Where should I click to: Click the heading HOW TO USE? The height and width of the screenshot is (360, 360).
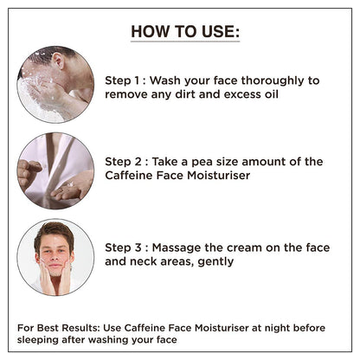184,33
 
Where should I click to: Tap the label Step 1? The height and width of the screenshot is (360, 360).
125,80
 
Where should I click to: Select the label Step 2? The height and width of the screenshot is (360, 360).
125,161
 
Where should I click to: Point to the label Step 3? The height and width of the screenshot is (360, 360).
125,248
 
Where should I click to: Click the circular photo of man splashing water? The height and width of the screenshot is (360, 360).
55,84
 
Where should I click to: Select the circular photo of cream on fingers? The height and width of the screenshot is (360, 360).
55,170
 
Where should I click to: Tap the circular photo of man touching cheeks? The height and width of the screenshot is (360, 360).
55,258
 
